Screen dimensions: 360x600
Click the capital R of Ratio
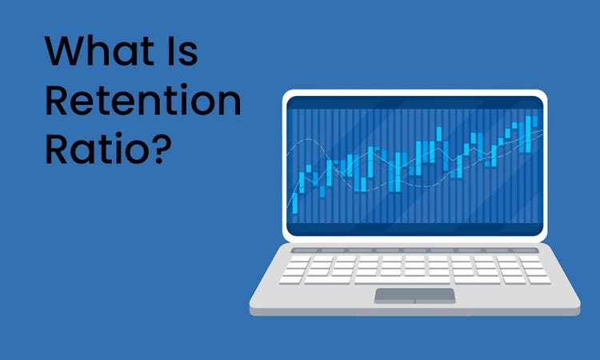58,149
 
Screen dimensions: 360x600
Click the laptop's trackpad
415,295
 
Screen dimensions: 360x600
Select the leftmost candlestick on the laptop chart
295,200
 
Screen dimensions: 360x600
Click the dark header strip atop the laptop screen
414,102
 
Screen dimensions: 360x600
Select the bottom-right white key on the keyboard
538,280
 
